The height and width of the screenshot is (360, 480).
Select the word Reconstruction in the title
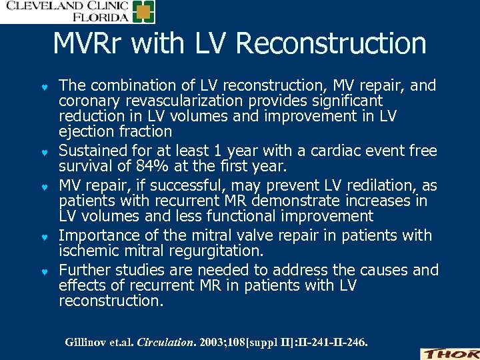(x=331, y=44)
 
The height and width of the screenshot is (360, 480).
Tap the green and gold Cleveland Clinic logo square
(x=143, y=12)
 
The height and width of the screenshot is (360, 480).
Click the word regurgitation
(x=220, y=251)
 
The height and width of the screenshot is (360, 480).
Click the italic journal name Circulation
(x=167, y=343)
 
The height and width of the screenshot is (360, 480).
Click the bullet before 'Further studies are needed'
(x=44, y=271)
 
